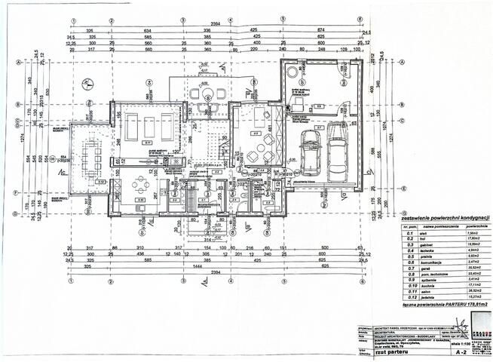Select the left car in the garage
[x=311, y=152]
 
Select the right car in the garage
[x=336, y=148]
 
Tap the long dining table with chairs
[x=93, y=156]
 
